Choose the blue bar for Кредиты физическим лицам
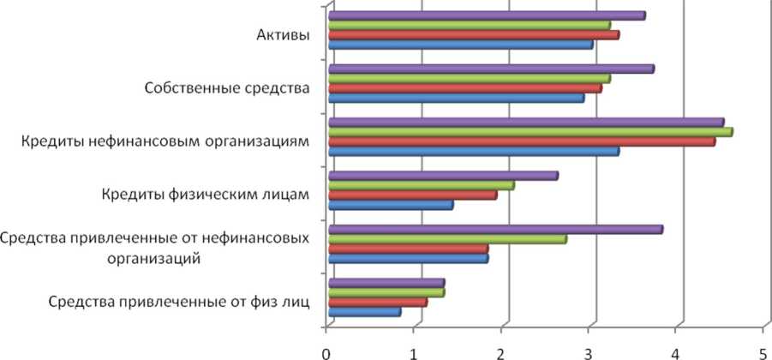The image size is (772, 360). point(391,205)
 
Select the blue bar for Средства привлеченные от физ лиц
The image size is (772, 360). point(364,312)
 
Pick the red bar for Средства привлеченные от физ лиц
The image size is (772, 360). point(377,302)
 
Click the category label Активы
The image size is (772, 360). point(283,35)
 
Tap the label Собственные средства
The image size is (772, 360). point(226,87)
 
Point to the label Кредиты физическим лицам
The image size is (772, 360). point(203,194)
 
